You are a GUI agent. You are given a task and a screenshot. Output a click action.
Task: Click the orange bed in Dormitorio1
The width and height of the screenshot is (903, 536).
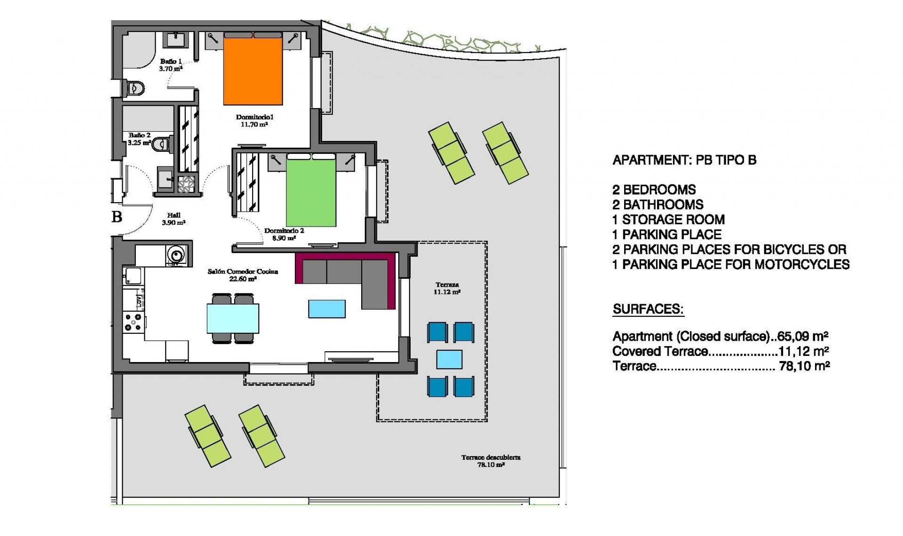(253, 71)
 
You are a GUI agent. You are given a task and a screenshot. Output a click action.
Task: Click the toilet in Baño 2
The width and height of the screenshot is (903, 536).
(163, 143)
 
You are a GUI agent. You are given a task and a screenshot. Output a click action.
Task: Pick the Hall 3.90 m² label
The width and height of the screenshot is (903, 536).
(174, 219)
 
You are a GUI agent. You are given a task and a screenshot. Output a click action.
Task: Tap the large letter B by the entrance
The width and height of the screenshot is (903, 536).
(117, 217)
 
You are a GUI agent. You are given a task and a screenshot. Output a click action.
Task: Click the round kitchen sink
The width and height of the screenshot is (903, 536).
(176, 255)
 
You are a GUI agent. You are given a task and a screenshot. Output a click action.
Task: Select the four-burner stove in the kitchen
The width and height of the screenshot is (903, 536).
(133, 322)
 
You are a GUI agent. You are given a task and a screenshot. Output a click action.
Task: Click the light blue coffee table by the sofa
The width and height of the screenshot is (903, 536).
(327, 309)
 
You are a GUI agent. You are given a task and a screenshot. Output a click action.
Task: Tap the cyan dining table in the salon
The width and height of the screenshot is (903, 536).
(233, 318)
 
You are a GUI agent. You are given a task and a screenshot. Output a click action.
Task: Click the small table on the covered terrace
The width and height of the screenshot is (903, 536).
(449, 360)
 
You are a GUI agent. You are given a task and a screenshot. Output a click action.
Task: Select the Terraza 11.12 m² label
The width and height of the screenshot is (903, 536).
(447, 288)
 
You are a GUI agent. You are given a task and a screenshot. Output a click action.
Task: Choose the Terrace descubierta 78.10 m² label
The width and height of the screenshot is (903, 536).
(491, 461)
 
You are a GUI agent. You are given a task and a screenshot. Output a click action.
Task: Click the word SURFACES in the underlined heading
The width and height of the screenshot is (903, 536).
(648, 309)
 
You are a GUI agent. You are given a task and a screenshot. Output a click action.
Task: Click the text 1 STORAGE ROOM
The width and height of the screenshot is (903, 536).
(668, 220)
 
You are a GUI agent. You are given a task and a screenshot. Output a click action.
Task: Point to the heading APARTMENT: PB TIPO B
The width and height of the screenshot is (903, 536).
(684, 160)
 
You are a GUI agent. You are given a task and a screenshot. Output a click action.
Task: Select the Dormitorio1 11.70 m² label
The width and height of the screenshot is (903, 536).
(254, 121)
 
